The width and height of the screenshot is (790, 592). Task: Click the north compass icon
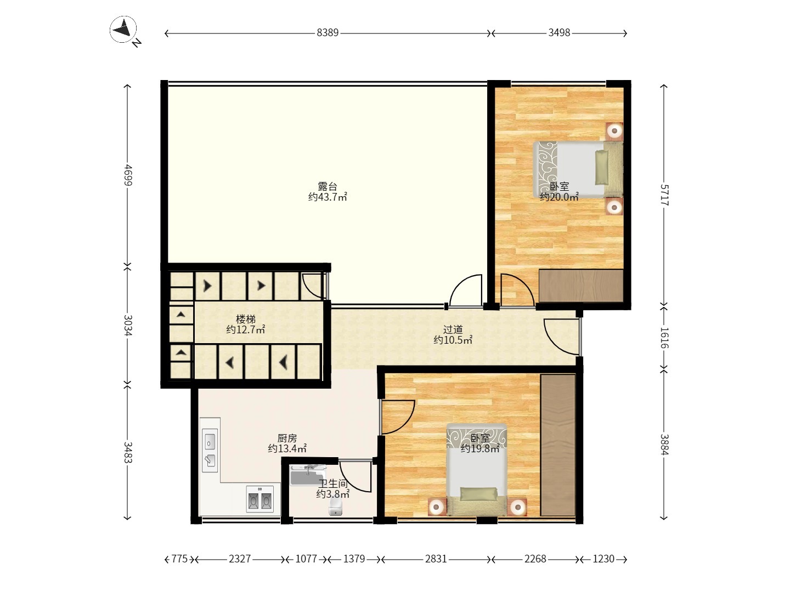coord(123,30)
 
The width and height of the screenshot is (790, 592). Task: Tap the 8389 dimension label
coord(328,33)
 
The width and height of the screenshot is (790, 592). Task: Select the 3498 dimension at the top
coord(559,33)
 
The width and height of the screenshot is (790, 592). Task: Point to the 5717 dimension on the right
coord(664,195)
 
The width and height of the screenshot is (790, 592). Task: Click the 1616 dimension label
coord(664,338)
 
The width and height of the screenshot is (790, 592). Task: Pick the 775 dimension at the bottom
coord(179,559)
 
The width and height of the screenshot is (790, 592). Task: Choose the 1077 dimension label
coord(306,559)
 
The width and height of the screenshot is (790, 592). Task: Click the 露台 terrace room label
coord(328,186)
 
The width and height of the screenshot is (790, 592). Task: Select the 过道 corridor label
coord(453,329)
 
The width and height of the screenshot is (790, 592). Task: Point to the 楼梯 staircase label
coord(246,319)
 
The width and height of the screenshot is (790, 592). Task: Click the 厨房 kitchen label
coord(287,438)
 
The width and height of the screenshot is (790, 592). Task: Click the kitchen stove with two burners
coord(260,499)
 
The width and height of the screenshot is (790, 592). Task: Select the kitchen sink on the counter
coord(210,450)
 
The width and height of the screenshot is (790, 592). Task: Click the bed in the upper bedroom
coord(578,169)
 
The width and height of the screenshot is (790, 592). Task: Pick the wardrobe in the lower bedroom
coord(558,445)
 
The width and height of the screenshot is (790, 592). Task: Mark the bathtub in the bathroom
coord(308,475)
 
